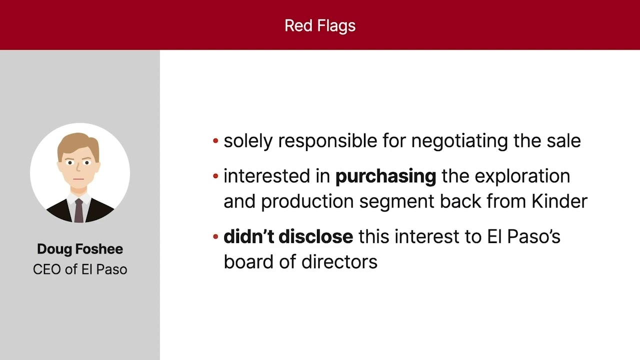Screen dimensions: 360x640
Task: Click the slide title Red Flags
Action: point(320,25)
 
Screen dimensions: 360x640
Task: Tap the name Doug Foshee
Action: point(80,249)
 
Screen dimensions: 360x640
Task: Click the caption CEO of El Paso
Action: point(80,269)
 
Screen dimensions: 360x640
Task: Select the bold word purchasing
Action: point(385,176)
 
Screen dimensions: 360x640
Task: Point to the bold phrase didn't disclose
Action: point(288,236)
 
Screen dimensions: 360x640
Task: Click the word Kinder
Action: point(559,201)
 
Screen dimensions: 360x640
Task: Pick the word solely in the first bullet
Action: point(248,141)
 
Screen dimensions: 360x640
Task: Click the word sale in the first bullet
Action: point(563,141)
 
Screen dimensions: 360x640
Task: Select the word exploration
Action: point(522,176)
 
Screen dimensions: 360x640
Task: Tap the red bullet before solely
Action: point(215,141)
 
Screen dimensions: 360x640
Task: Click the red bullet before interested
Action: point(215,176)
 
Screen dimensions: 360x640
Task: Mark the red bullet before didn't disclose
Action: point(215,236)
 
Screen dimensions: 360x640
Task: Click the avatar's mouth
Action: point(78,179)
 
